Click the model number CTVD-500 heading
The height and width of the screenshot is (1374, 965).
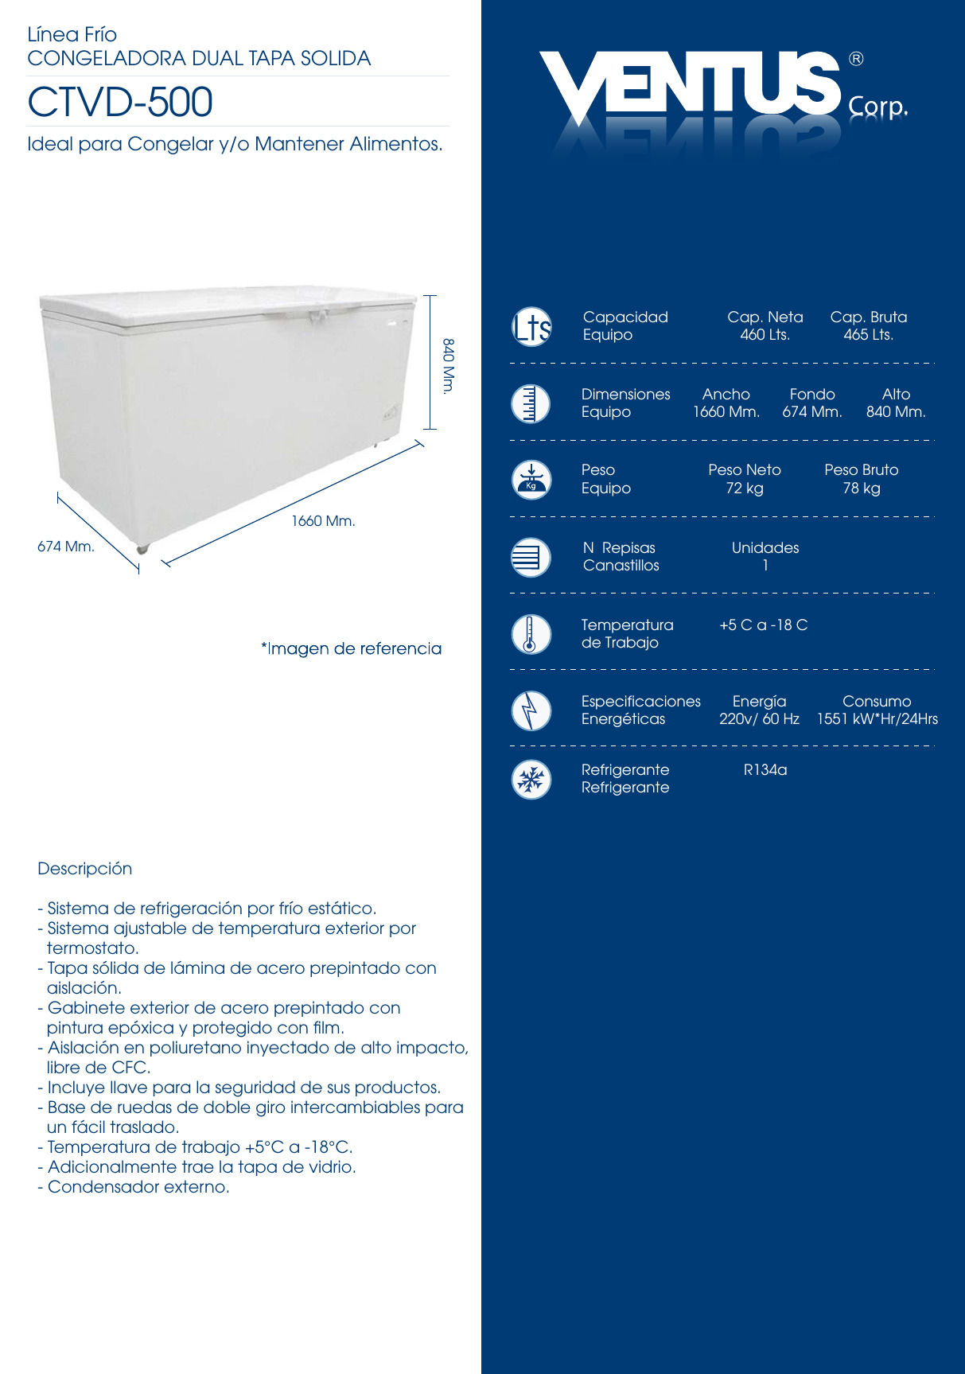pos(120,102)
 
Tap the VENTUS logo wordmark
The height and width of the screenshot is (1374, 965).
pos(689,83)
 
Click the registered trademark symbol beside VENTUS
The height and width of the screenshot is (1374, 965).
pos(856,59)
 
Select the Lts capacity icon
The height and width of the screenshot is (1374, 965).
pos(531,326)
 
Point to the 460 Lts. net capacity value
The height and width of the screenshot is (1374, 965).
pos(765,335)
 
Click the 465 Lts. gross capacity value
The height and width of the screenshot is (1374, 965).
pos(868,335)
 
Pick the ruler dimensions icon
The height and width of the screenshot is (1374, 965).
pos(531,403)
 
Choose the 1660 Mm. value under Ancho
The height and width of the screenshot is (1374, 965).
pos(726,412)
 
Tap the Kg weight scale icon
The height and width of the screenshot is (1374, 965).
pos(531,480)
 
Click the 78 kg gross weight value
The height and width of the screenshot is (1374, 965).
pos(861,488)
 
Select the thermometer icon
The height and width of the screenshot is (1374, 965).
pos(531,634)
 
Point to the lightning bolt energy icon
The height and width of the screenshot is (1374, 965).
pos(531,710)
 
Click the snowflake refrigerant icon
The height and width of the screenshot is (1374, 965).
pos(531,780)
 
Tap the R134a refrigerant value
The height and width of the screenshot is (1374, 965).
pos(765,770)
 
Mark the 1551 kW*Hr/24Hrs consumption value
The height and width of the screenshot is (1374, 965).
pos(877,719)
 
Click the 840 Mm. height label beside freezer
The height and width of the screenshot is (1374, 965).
pos(449,366)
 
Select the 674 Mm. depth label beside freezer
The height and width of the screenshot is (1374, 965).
pos(66,547)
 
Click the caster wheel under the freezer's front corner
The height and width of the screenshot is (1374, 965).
pos(142,549)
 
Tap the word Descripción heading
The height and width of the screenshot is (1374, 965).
pos(85,869)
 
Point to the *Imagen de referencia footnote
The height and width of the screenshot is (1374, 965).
pos(351,648)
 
